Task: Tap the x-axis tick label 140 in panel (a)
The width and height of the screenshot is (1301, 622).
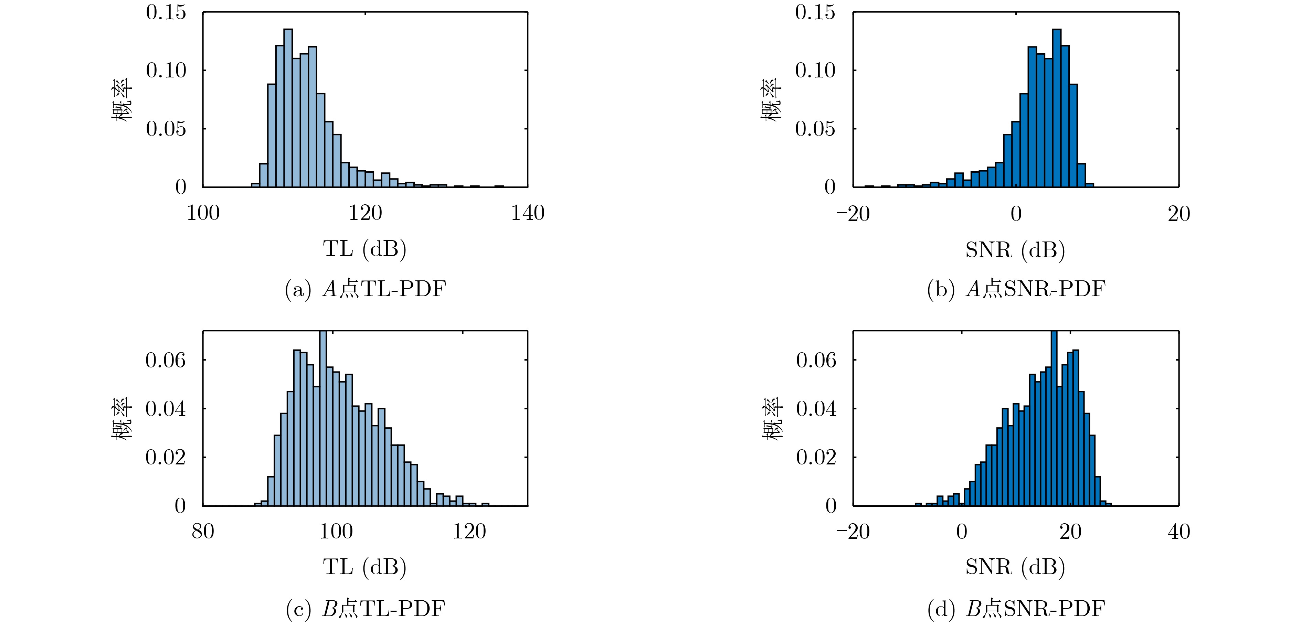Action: tap(528, 213)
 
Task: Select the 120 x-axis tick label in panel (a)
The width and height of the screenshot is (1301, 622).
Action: tap(365, 213)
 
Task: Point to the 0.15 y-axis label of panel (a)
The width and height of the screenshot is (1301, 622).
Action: tap(166, 13)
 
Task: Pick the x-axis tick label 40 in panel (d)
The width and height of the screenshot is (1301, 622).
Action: tap(1179, 532)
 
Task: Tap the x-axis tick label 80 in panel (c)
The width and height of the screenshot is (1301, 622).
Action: tap(203, 532)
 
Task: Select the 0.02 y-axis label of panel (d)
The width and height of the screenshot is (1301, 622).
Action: tap(816, 458)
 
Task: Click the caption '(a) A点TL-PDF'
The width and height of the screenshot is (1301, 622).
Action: tap(365, 289)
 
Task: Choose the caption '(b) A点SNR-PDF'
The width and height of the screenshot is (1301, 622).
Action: tap(1016, 289)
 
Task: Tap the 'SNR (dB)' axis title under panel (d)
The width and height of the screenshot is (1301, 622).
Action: tap(1015, 568)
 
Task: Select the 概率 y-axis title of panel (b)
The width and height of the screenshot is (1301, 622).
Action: tap(771, 99)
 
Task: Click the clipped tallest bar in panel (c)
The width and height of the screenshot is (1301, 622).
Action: tap(323, 419)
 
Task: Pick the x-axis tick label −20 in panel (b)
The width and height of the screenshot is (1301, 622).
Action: tap(853, 214)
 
